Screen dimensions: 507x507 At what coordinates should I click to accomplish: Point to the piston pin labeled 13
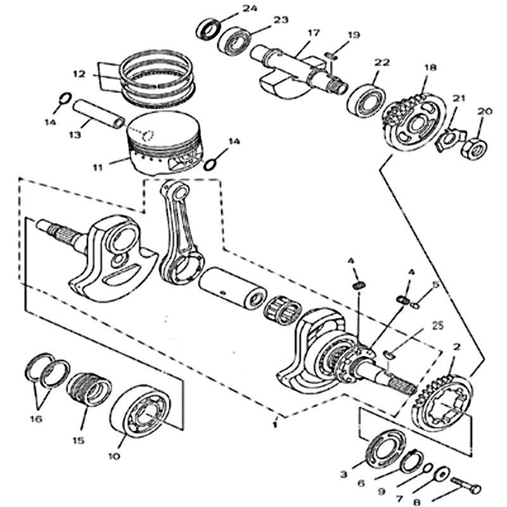99,112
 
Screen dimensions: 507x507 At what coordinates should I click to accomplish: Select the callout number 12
79,74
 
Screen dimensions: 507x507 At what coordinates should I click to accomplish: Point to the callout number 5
435,285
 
